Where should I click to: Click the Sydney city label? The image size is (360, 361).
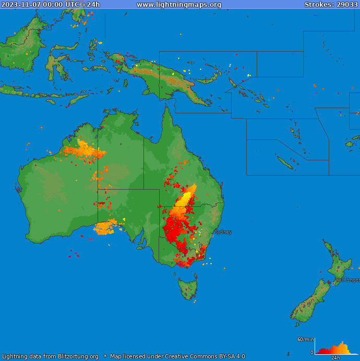(223, 232)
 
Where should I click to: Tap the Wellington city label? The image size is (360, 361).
(347, 280)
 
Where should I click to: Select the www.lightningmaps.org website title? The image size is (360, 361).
(179, 5)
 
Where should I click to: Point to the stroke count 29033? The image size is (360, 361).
(346, 5)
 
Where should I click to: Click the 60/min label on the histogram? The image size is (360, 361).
(305, 340)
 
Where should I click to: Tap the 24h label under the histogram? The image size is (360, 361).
(335, 358)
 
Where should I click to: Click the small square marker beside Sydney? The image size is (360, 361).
(212, 236)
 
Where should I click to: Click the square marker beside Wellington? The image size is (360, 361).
(333, 283)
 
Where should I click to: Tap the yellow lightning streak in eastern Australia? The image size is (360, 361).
(186, 196)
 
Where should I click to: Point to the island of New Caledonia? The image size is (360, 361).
(285, 162)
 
